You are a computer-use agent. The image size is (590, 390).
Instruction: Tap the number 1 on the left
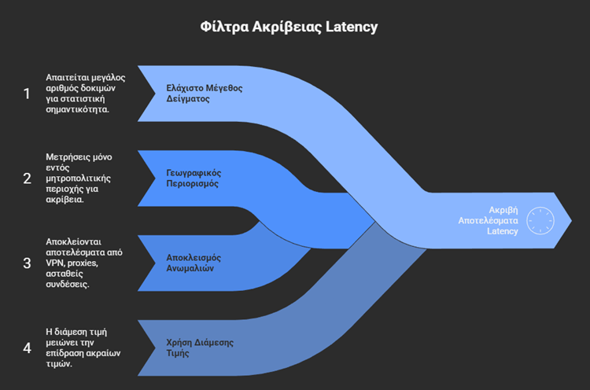coord(28,94)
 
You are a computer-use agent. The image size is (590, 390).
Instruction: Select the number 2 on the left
coord(28,178)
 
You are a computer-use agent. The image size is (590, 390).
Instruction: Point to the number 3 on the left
coord(28,263)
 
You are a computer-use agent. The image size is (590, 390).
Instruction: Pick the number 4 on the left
coord(28,348)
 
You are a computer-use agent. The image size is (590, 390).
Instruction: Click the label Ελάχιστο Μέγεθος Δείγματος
coord(204,94)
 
